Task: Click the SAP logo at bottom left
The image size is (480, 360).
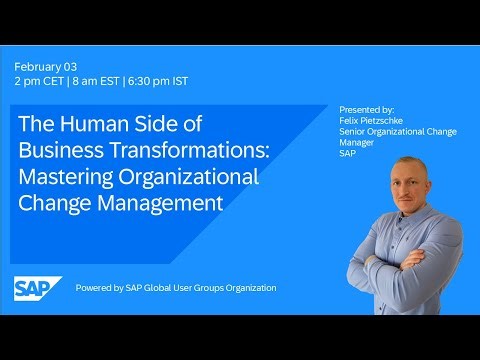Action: [37, 287]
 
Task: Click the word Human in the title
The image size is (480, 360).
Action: [96, 126]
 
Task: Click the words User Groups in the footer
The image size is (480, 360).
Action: [197, 288]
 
